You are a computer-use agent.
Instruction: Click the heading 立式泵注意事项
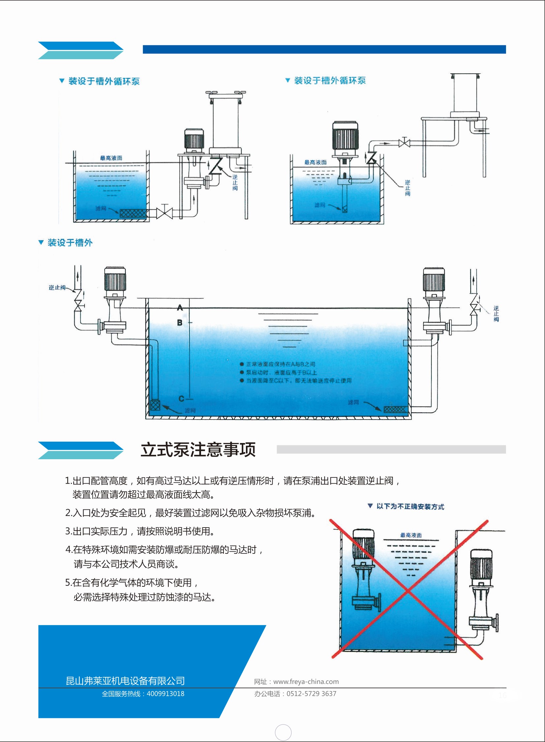[198, 450]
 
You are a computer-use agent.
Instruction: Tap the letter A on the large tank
[180, 308]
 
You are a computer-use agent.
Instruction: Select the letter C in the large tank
[181, 398]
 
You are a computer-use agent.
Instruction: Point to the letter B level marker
[180, 322]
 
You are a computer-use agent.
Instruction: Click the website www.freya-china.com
[306, 682]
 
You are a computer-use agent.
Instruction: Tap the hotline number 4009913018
[165, 693]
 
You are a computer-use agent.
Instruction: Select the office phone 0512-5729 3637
[311, 693]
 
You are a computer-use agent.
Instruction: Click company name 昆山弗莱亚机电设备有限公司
[125, 681]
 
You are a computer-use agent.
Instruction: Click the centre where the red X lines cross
[408, 590]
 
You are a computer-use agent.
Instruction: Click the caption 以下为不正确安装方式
[410, 506]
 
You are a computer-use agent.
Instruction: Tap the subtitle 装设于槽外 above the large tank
[70, 242]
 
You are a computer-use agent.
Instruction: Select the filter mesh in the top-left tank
[133, 213]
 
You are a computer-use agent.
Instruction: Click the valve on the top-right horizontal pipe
[404, 143]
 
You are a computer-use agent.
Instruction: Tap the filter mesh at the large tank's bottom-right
[395, 410]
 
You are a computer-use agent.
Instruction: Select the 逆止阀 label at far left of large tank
[57, 287]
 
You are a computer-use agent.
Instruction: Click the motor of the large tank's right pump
[434, 279]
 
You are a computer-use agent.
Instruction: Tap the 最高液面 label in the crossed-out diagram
[411, 535]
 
